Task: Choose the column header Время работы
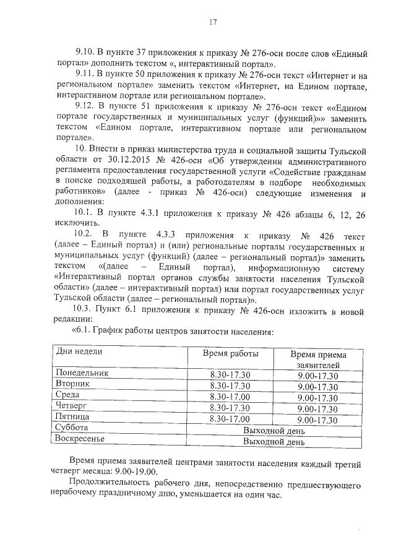click(230, 354)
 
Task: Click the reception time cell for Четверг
click(317, 409)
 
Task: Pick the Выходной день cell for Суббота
click(274, 431)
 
